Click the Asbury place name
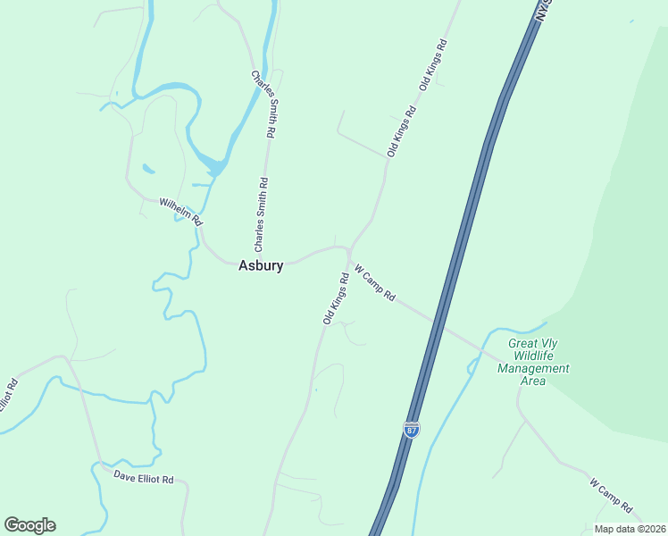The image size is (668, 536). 261,265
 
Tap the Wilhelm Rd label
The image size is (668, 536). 181,212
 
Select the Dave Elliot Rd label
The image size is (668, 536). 143,478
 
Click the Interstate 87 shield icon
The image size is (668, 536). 411,430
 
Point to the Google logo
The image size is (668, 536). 29,525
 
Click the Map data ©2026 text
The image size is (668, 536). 629,529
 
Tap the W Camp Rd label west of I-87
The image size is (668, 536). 375,282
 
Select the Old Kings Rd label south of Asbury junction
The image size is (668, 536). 336,297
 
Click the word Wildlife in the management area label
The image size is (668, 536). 533,356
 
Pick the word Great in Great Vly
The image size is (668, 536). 522,343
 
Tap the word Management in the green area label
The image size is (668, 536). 533,368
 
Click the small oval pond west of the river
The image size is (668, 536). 148,168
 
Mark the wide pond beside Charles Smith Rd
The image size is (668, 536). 215,164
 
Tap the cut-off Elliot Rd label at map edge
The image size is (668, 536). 7,397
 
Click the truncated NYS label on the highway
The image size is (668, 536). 543,11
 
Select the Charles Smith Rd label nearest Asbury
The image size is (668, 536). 260,214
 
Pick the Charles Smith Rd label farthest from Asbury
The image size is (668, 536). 263,105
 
